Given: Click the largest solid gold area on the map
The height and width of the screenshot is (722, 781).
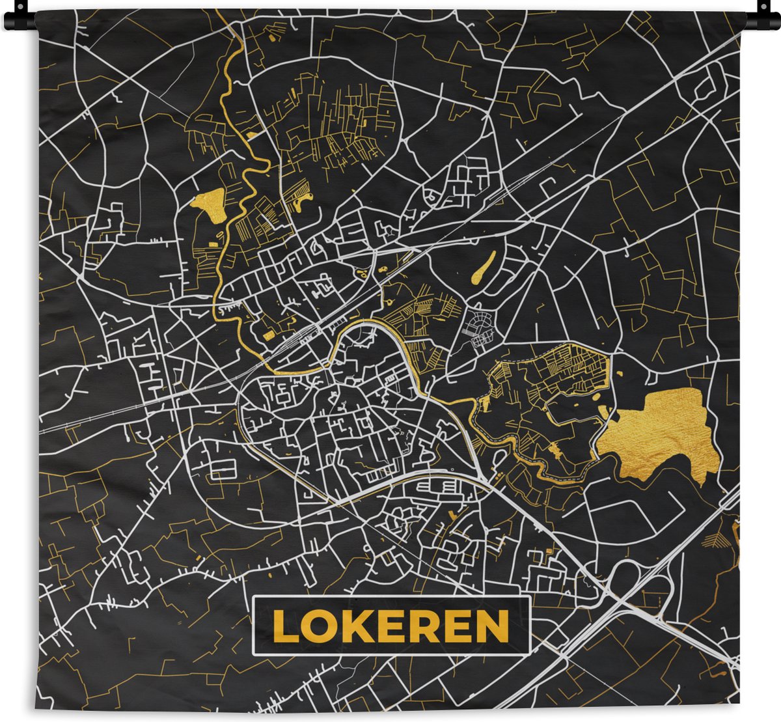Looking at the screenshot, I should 657,430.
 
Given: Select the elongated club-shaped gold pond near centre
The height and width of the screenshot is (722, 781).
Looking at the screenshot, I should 483,270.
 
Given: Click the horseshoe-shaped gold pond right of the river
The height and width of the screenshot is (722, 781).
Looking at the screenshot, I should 301,204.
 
